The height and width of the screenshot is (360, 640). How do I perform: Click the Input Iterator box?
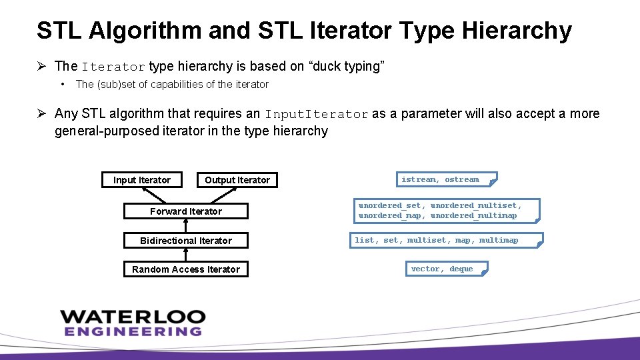point(142,180)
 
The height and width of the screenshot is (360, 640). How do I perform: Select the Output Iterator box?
point(237,180)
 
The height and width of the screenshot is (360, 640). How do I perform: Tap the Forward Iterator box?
point(186,211)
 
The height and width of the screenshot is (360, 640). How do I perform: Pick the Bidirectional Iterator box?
point(186,241)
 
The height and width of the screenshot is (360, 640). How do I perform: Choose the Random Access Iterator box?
point(186,269)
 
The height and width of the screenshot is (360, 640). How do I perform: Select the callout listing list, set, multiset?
point(446,240)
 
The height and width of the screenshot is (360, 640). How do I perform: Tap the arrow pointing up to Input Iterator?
point(155,195)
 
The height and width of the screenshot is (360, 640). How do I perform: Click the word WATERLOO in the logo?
point(133,317)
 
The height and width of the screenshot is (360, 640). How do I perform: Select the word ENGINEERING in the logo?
point(133,331)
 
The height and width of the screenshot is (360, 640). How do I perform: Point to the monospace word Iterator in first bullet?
point(113,67)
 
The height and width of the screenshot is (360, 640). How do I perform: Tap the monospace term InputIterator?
point(317,115)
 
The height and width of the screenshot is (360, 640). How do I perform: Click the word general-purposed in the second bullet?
point(107,131)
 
